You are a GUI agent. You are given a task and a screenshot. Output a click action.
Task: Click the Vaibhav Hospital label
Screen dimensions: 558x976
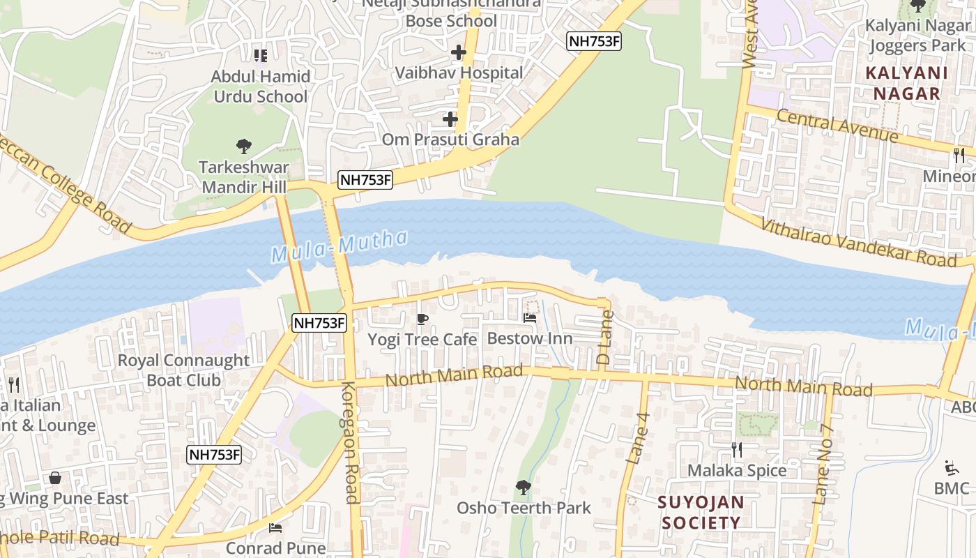point(459,73)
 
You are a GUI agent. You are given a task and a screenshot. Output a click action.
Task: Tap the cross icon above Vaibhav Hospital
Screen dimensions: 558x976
point(458,52)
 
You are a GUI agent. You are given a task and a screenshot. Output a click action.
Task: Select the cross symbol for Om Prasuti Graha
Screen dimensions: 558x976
point(450,119)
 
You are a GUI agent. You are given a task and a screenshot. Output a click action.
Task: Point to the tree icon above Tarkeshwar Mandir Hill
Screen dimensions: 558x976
point(243,146)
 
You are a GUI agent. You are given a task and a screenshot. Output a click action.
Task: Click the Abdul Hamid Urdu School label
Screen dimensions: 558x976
point(260,86)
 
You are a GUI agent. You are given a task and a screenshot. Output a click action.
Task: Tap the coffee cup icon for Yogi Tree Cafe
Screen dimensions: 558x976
point(422,319)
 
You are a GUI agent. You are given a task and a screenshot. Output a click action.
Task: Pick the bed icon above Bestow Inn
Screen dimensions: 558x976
point(530,318)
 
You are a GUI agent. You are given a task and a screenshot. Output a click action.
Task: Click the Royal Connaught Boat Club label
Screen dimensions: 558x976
point(183,370)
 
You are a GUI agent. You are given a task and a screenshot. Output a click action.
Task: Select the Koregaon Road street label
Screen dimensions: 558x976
point(351,442)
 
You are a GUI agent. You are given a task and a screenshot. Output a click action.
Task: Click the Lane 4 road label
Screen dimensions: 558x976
point(638,439)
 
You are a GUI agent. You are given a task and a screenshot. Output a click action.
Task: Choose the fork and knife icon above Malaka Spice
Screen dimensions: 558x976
point(736,450)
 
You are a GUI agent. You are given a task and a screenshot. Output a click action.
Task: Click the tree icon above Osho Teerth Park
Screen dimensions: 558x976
point(523,487)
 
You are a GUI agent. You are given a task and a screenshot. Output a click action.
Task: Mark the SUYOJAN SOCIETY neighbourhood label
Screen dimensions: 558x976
point(701,513)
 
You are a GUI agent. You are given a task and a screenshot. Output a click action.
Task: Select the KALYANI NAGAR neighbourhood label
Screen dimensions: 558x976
point(906,83)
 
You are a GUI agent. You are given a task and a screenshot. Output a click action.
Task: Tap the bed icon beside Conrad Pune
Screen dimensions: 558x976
point(275,527)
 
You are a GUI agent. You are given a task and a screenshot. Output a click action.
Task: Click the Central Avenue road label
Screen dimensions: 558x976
point(837,126)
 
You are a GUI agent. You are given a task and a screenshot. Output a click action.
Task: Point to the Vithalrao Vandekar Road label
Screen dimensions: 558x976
point(858,243)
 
